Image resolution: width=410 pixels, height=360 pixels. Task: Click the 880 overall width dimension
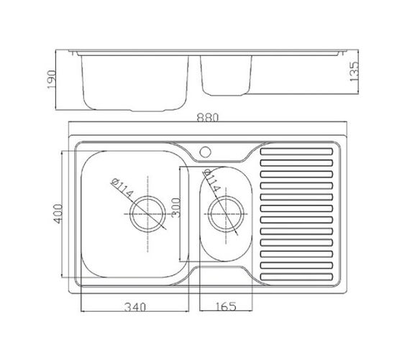tap(207, 118)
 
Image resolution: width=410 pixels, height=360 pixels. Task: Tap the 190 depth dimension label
tap(52, 80)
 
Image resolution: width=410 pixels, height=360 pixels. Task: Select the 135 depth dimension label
tap(353, 71)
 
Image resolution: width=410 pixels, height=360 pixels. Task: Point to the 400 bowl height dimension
tap(58, 213)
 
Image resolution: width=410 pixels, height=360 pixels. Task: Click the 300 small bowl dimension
tap(176, 208)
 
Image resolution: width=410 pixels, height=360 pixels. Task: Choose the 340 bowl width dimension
tap(135, 307)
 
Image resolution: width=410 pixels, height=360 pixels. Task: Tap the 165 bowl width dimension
tap(226, 306)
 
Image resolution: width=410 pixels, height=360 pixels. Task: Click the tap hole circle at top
tap(205, 152)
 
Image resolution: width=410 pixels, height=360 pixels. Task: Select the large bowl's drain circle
tap(148, 214)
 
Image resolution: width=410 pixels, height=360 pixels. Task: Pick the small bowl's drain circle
tap(226, 214)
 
